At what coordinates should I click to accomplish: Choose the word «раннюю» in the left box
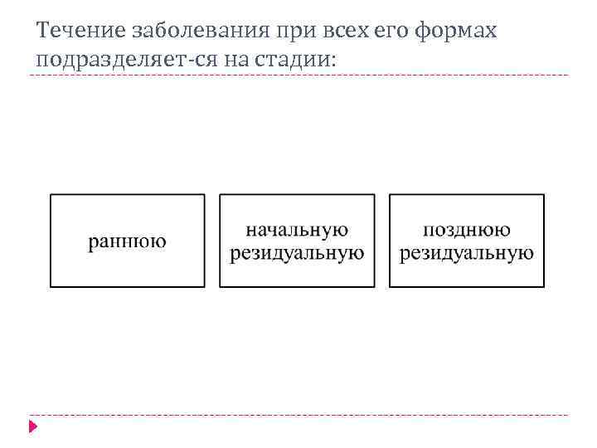click(127, 242)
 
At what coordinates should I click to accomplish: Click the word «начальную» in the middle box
click(297, 230)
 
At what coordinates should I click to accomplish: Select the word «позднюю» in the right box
click(467, 230)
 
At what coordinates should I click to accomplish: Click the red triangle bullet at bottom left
click(33, 426)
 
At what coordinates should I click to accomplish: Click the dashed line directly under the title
click(298, 75)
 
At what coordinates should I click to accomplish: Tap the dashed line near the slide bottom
click(298, 415)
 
